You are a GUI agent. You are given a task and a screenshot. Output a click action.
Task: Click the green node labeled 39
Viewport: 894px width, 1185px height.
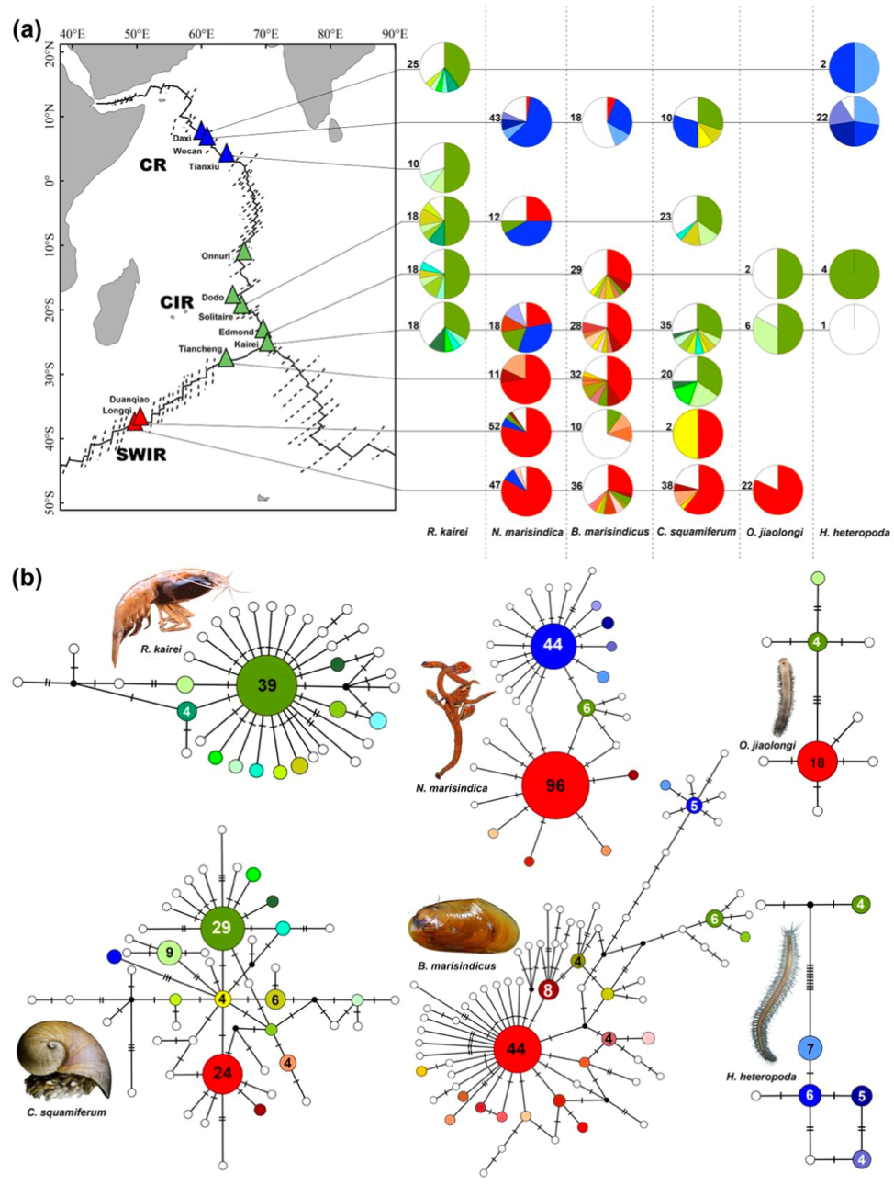(x=267, y=686)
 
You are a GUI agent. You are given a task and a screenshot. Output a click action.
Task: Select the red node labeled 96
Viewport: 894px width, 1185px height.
(x=555, y=785)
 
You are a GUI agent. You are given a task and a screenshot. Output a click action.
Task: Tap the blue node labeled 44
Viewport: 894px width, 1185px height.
(x=553, y=645)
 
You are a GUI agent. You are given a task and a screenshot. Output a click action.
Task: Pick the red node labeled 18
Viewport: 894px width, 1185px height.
(x=817, y=762)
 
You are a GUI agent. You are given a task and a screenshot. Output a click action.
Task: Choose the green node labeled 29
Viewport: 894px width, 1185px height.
(x=221, y=928)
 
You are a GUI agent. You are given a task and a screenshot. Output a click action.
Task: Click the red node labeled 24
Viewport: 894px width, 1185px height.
(x=222, y=1073)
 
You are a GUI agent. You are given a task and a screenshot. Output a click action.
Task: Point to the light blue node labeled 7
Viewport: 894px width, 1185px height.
(x=810, y=1048)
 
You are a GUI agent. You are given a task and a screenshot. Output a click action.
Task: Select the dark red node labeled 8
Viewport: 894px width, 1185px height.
(x=547, y=990)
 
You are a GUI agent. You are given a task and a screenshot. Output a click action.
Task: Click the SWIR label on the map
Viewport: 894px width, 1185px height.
(x=141, y=454)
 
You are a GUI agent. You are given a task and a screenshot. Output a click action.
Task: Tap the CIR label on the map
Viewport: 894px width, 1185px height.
(x=176, y=302)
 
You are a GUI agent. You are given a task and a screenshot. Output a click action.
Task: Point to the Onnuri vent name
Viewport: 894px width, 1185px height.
(x=216, y=256)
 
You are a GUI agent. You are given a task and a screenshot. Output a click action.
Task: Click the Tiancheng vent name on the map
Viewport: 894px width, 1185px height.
(x=199, y=349)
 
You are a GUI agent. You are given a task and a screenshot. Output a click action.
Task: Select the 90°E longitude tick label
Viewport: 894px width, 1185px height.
(x=395, y=35)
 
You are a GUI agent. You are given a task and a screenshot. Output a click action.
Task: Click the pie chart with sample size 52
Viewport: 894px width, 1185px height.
(x=526, y=433)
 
